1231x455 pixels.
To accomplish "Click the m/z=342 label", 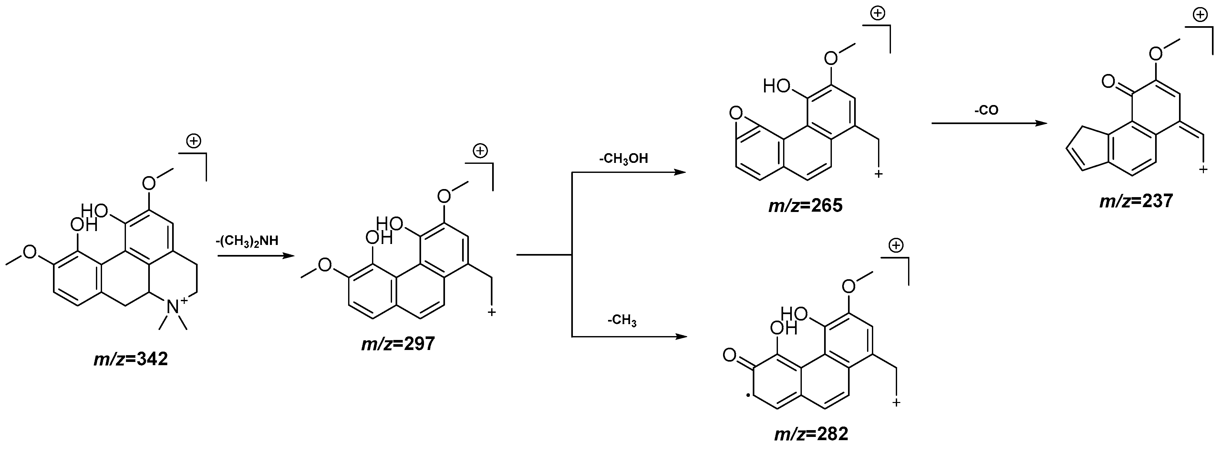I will (x=130, y=359).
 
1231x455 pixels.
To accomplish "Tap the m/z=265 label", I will (x=805, y=206).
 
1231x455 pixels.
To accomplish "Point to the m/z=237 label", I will (x=1136, y=201).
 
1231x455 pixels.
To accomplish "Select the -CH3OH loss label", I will (x=624, y=159).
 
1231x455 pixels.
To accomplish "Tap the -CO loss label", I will (x=986, y=111).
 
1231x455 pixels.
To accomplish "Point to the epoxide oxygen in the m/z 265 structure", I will (x=736, y=113).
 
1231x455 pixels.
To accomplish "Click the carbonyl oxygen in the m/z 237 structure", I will (x=1109, y=81).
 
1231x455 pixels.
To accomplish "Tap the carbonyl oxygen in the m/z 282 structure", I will (x=729, y=355).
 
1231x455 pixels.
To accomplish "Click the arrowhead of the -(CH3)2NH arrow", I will (x=288, y=256).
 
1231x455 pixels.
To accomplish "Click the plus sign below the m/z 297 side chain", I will (x=491, y=312).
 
